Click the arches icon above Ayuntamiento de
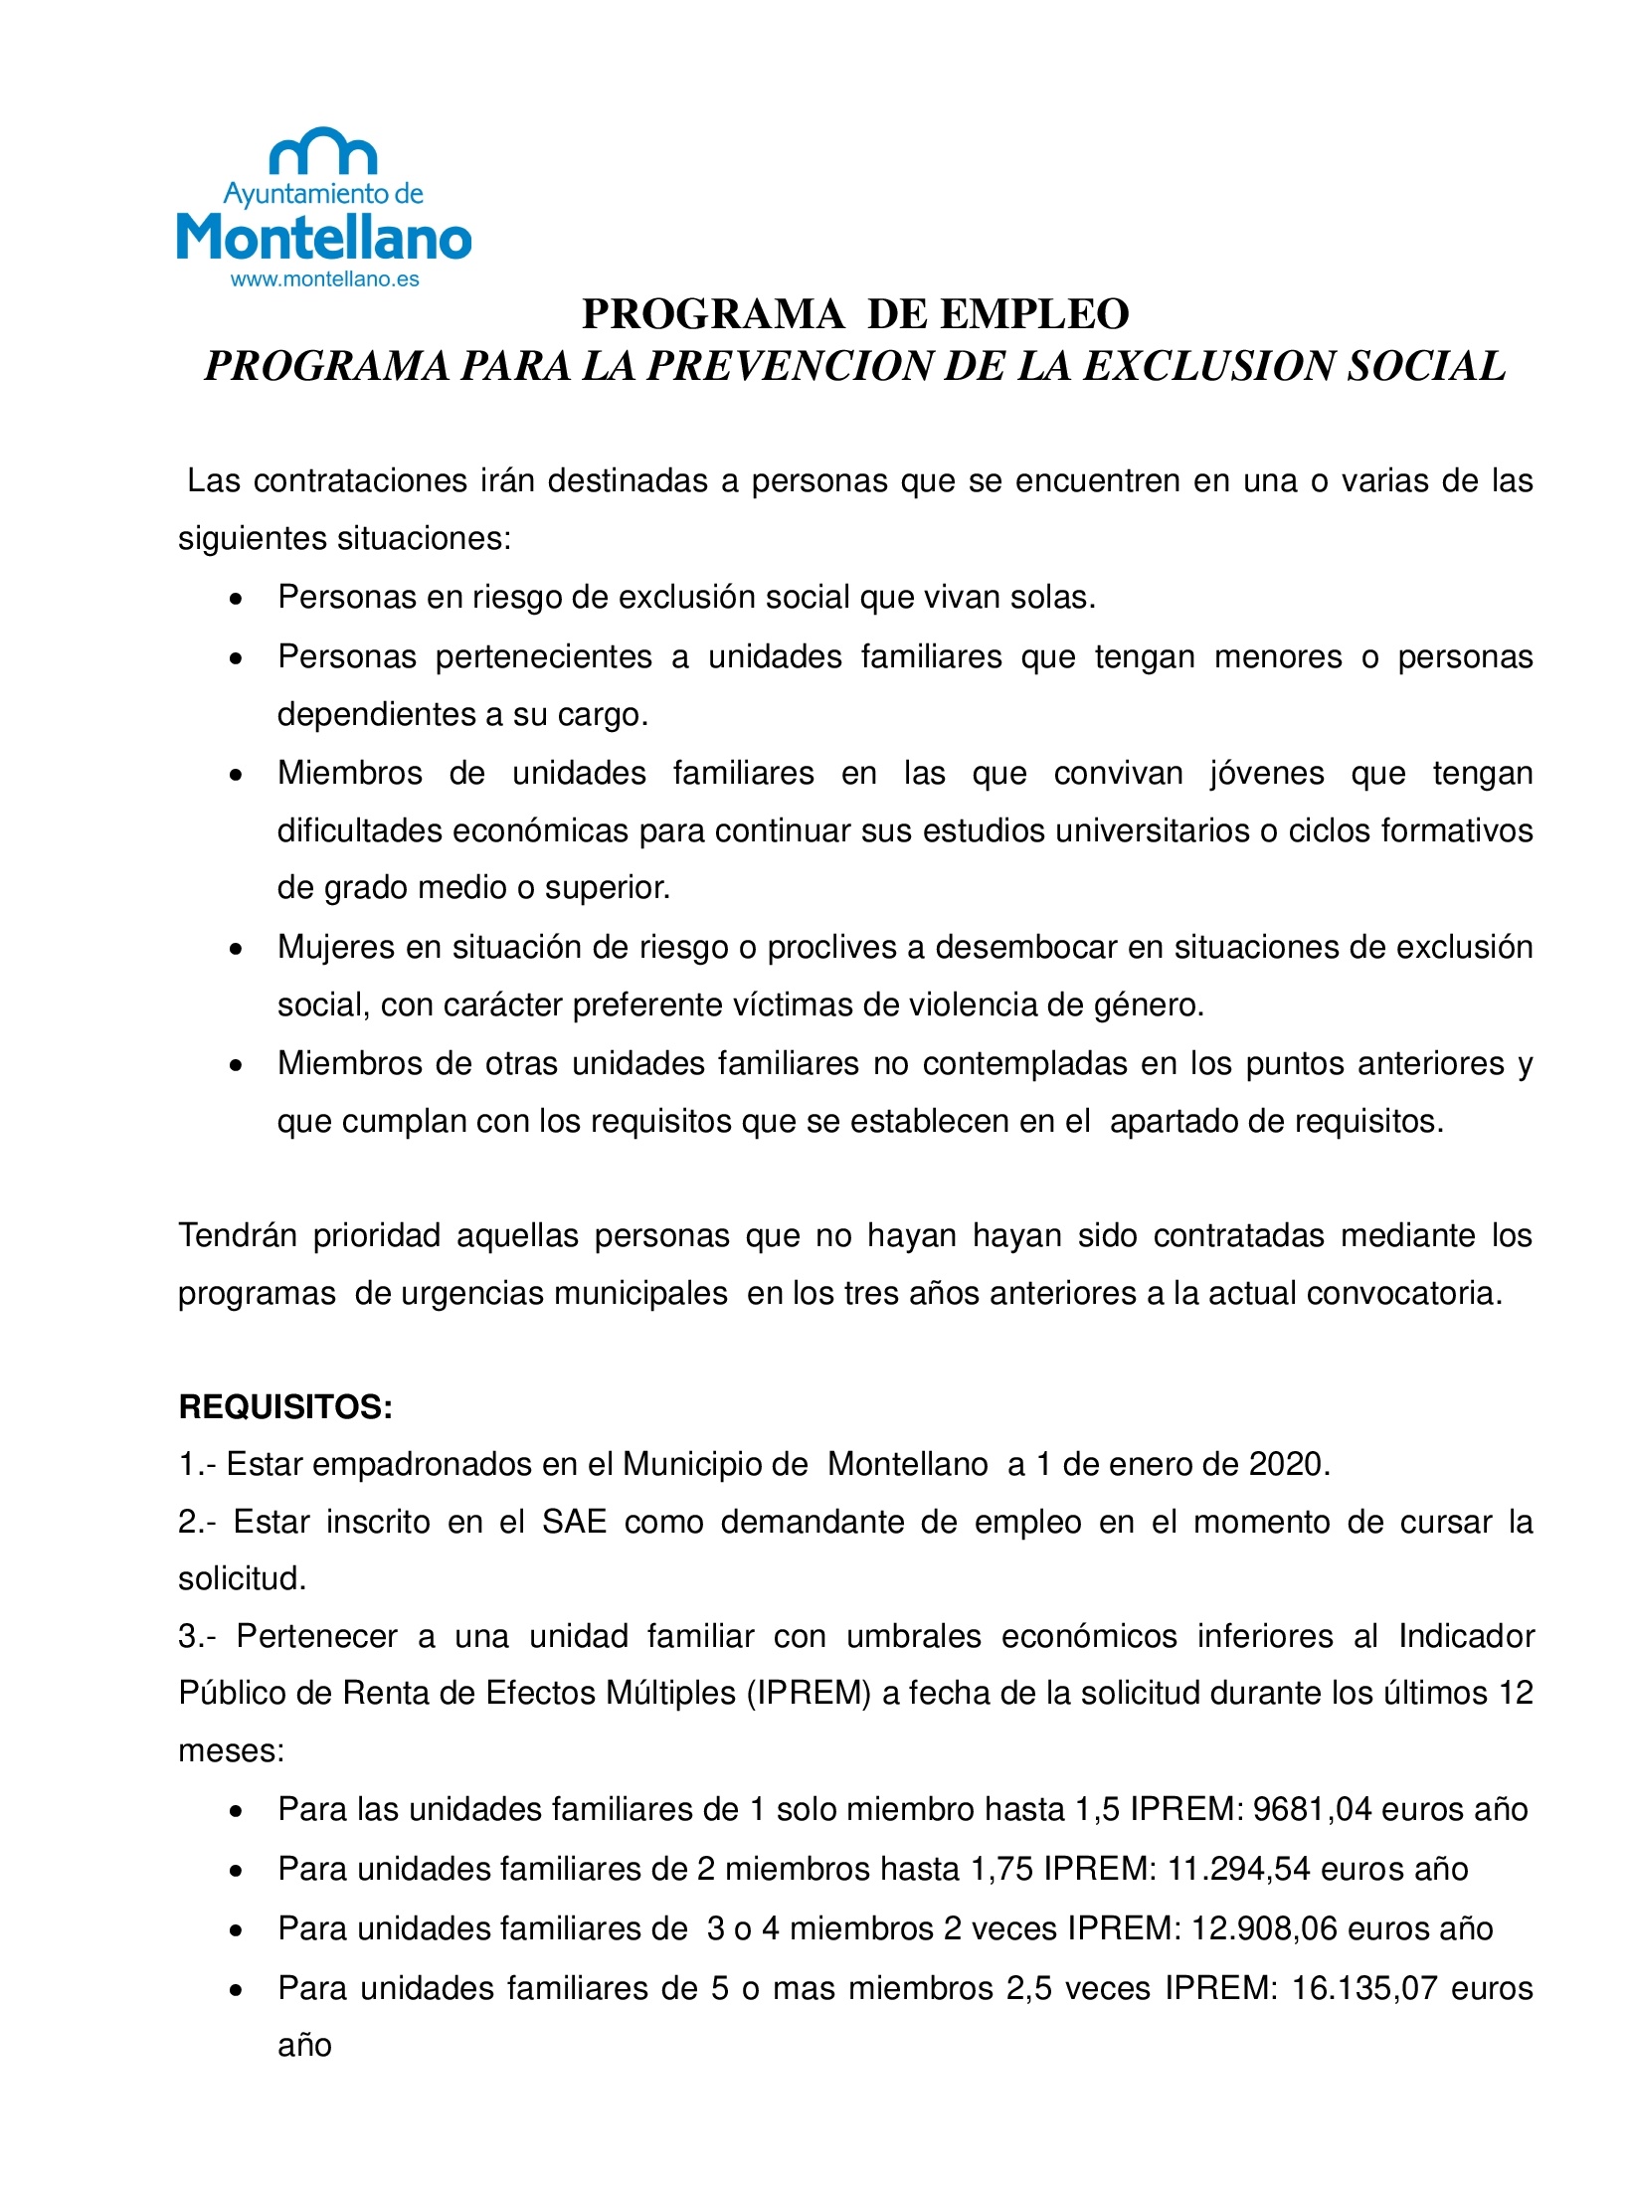coord(324,151)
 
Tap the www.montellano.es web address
coord(324,279)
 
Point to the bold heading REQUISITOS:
coord(285,1407)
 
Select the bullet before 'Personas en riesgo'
coord(236,600)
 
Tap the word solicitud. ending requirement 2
coord(242,1579)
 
